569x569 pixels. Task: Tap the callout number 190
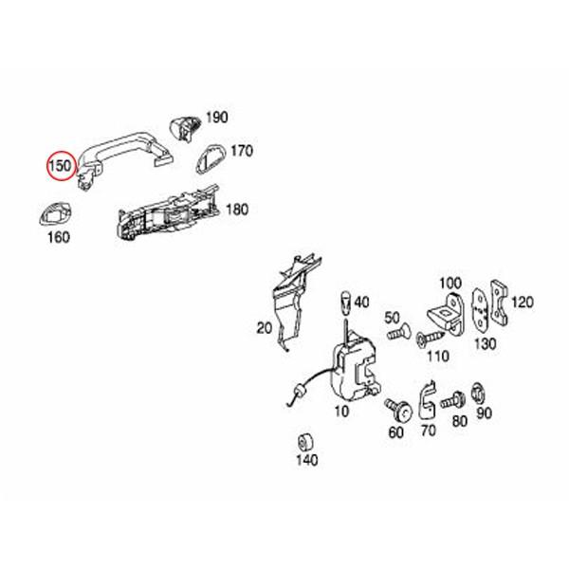(216, 118)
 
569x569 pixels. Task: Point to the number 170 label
(242, 150)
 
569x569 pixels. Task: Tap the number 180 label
(236, 208)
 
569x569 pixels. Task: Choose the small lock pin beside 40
(347, 303)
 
